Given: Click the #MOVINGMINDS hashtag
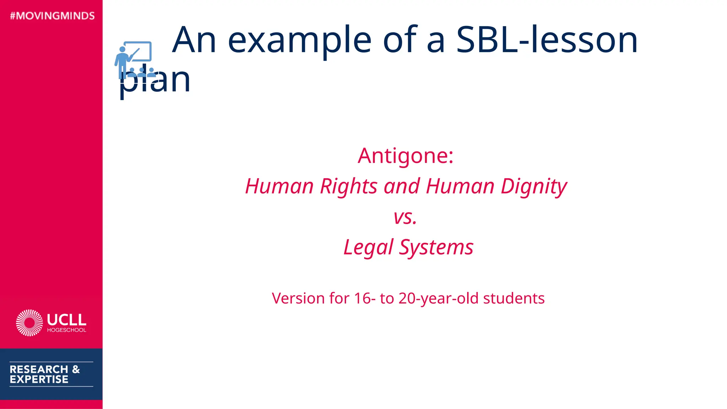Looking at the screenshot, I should [52, 16].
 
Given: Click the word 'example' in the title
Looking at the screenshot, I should [300, 40].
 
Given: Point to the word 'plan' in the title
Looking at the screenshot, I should [155, 81].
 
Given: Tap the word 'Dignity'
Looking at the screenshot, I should [534, 187].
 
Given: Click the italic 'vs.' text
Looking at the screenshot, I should [405, 217].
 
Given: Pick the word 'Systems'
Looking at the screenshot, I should [436, 247].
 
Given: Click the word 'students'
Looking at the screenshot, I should [514, 298].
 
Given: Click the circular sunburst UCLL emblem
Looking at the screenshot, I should [29, 323].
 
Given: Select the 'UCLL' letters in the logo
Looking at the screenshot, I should [67, 320].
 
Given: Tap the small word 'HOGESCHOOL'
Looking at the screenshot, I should [67, 330].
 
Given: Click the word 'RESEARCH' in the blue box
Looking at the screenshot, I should [39, 369].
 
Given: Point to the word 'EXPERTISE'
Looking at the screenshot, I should [39, 380].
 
